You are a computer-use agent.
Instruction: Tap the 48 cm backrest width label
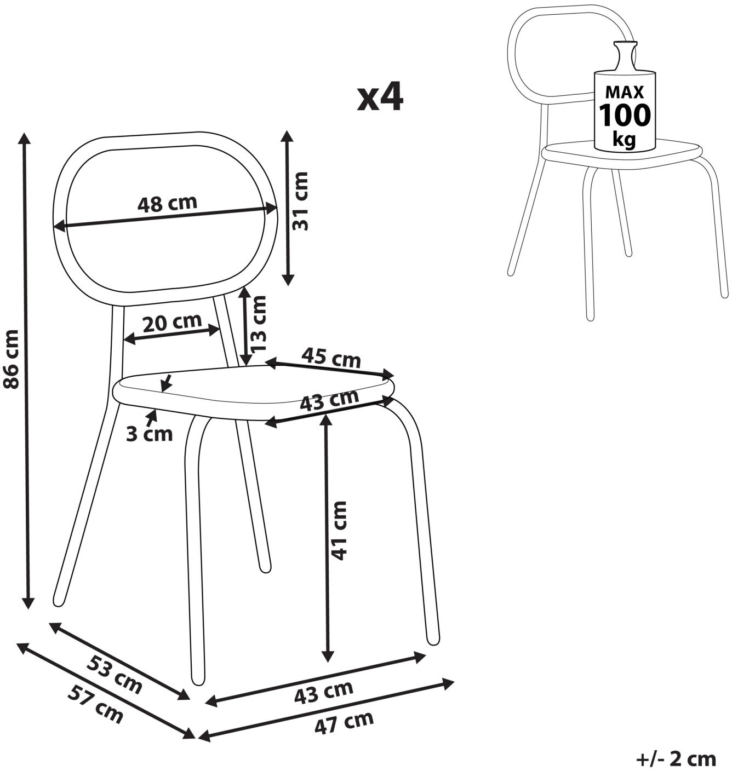[167, 204]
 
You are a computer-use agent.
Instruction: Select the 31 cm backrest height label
[300, 201]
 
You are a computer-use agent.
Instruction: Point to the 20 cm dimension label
[172, 322]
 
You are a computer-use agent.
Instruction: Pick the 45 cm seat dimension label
[331, 358]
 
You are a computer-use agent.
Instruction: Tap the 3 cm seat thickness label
[149, 434]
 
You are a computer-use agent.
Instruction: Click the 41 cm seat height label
[339, 530]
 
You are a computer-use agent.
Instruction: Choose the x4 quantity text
[380, 97]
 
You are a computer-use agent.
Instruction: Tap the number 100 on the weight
[625, 115]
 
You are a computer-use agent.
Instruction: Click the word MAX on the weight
[625, 91]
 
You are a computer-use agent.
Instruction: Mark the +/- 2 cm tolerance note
[676, 759]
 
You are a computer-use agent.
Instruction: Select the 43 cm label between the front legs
[323, 692]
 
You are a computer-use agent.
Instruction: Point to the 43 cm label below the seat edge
[329, 400]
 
